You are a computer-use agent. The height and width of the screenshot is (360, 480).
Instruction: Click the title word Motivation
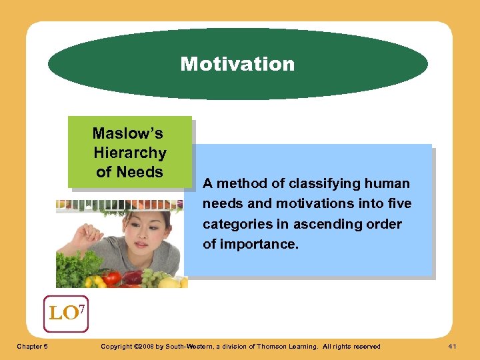(237, 64)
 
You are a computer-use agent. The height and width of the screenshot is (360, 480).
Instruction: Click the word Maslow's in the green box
(128, 133)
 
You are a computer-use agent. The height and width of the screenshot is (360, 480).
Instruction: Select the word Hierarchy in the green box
(130, 153)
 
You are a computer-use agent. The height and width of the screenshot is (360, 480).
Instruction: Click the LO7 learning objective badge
(66, 313)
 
